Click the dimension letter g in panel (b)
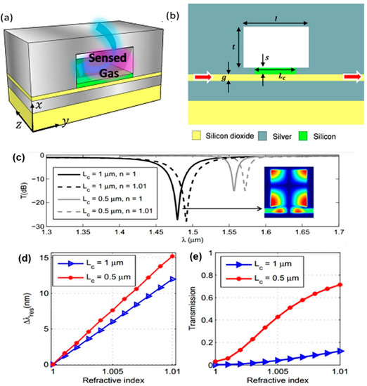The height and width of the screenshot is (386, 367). pos(225,79)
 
